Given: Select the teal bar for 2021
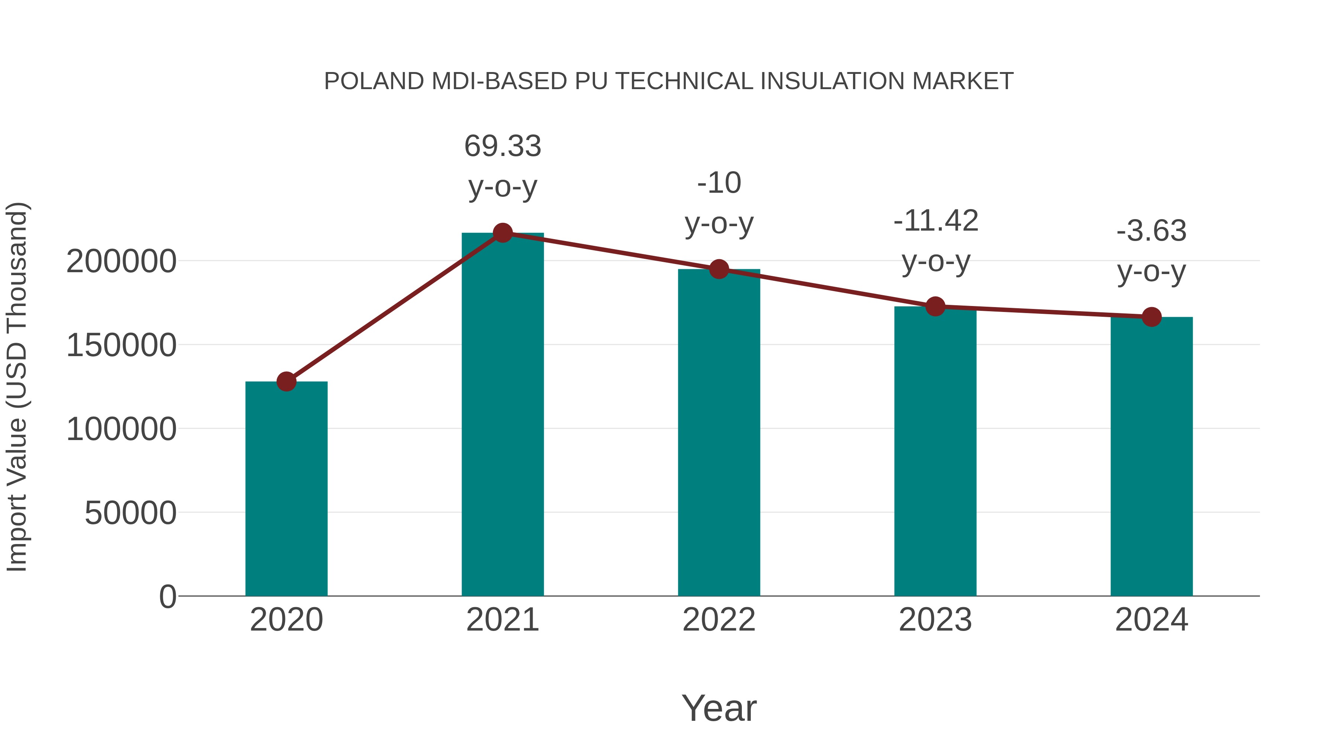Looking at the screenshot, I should click(502, 415).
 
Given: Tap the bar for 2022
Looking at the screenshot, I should click(719, 433).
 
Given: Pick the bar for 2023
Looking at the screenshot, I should click(935, 452).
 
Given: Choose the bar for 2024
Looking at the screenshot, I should click(1151, 457).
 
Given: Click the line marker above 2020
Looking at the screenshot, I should click(286, 381).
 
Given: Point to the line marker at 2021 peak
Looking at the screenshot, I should click(502, 233).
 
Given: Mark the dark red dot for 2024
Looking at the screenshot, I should click(1151, 316).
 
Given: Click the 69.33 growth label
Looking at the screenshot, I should click(502, 146).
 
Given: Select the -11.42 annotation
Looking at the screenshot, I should click(935, 221).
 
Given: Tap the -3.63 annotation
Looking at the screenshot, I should click(1151, 231).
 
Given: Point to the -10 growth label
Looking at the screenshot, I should click(719, 183).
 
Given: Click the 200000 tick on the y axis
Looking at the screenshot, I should click(121, 261).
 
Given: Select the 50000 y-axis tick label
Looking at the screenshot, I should click(130, 513).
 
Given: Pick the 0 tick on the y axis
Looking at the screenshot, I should click(167, 597).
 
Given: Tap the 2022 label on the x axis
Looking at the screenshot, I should click(719, 620).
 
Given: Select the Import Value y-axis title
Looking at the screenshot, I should click(17, 387).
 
